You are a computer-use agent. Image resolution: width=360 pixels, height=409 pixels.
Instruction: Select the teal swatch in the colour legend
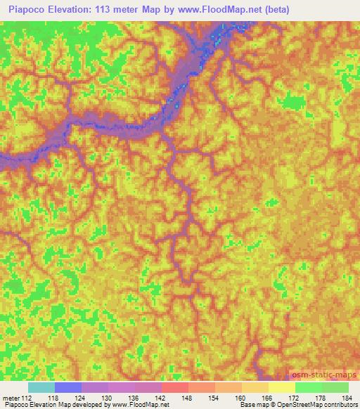[x=41, y=387]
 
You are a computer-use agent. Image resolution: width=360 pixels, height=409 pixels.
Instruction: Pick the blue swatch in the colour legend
[x=68, y=387]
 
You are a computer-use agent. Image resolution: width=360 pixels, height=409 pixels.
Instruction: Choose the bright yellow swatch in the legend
[x=282, y=387]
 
